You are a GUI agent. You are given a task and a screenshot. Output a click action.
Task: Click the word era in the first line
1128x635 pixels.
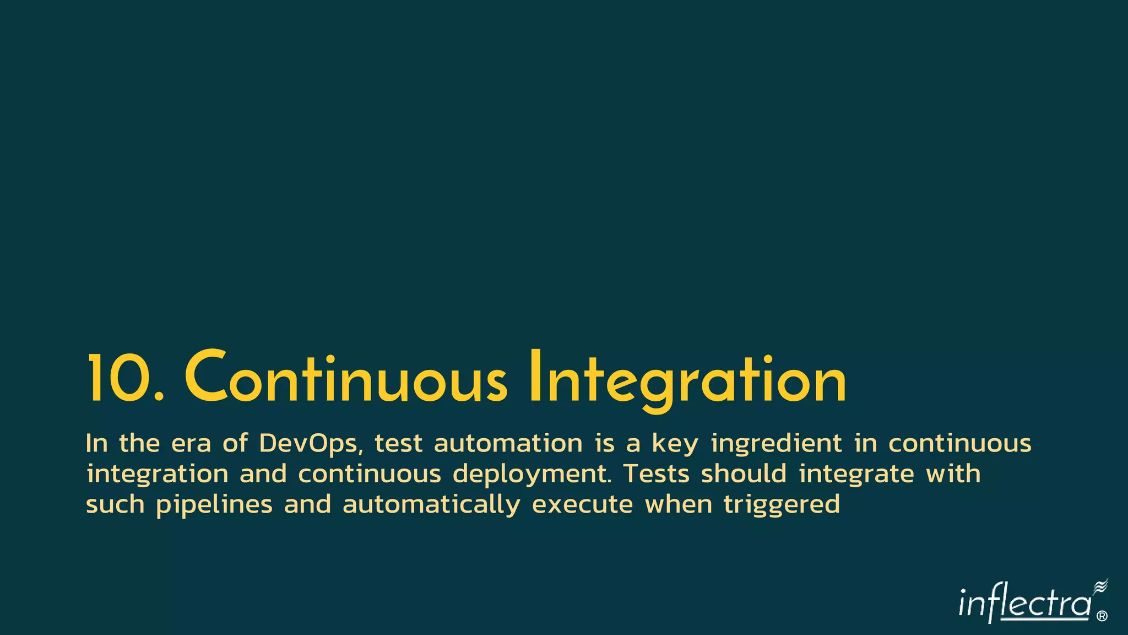coord(191,444)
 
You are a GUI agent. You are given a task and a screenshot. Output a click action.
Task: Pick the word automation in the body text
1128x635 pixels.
coord(508,444)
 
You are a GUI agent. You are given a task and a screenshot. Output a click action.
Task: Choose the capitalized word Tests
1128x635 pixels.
coord(656,474)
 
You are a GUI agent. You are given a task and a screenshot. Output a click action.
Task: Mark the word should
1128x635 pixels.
coord(744,474)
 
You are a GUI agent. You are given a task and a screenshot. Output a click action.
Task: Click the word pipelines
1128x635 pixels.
coord(214,505)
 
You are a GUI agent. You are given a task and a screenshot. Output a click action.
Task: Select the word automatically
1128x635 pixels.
coord(431,505)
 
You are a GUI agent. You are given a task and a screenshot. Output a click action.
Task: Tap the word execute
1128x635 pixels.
coord(583,505)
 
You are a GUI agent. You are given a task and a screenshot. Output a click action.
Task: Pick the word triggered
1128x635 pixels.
coord(782,505)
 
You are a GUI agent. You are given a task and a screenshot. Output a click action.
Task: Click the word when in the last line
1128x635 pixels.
coord(679,505)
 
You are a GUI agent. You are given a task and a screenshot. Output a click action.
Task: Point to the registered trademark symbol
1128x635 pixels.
coord(1102,616)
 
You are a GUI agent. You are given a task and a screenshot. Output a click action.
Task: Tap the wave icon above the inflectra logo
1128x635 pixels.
coord(1100,587)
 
